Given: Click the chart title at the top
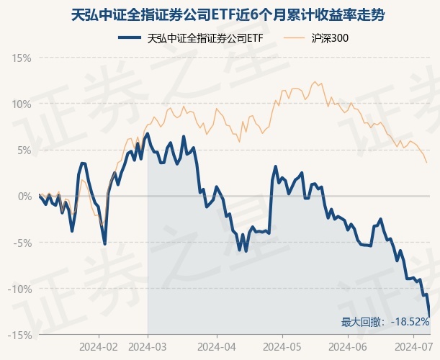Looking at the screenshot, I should click(220, 14).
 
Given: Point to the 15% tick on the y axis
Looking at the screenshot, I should click(22, 58).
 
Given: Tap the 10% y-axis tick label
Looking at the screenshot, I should click(22, 104).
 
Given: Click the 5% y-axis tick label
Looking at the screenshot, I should click(24, 150).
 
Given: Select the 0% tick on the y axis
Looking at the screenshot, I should click(24, 196).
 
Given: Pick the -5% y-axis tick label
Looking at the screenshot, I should click(22, 243).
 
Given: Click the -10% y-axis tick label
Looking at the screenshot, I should click(20, 289).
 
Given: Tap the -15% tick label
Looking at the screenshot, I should click(20, 335).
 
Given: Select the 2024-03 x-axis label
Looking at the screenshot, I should click(148, 346).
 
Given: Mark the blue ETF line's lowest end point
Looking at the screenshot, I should click(430, 315).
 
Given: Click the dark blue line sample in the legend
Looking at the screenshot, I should click(129, 39).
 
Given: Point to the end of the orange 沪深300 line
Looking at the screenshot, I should click(426, 162).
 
